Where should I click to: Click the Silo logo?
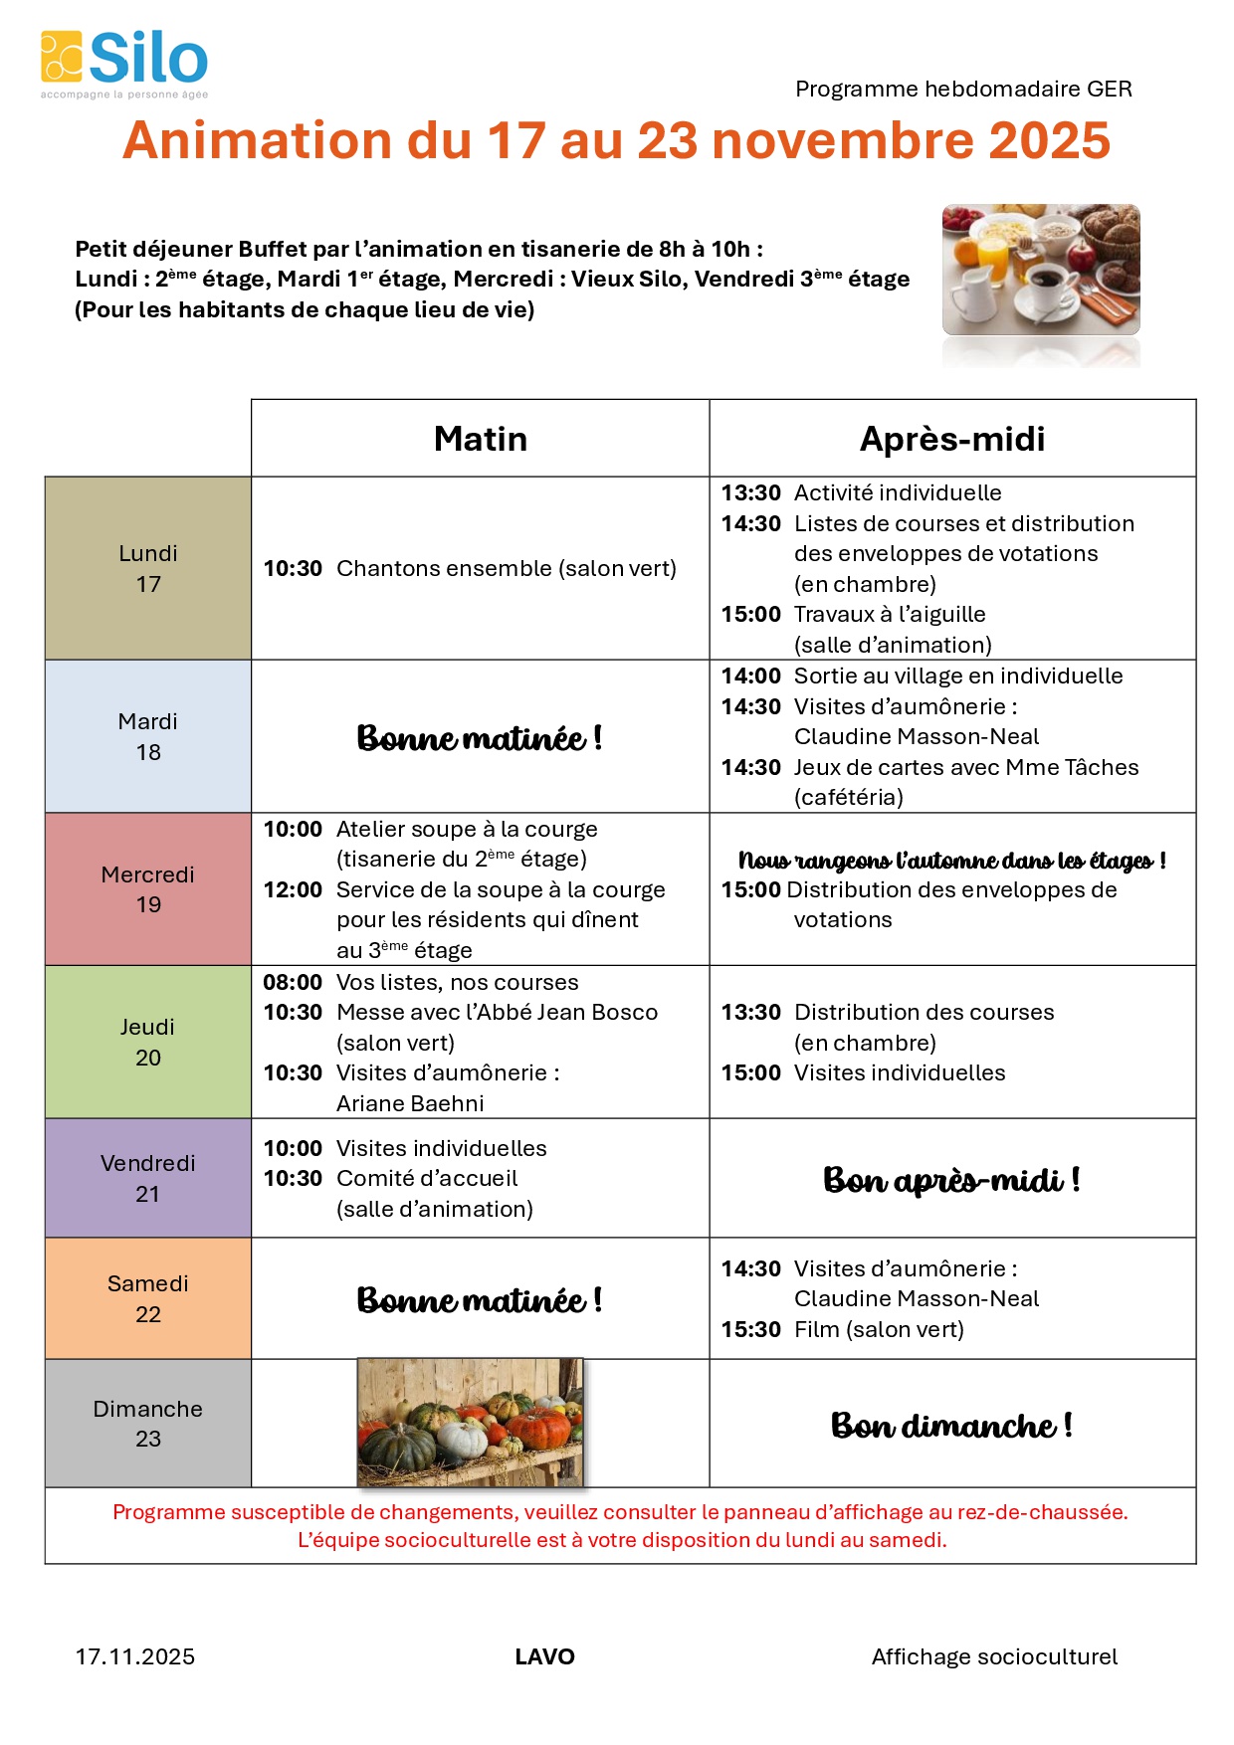click(x=124, y=63)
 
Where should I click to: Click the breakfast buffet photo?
click(x=1040, y=271)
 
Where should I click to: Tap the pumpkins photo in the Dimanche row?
click(x=470, y=1422)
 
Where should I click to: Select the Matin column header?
click(x=481, y=439)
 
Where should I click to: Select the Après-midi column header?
click(x=952, y=439)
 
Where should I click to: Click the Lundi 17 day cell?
click(x=148, y=568)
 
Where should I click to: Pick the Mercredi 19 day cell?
click(x=148, y=889)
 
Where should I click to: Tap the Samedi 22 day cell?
click(x=148, y=1298)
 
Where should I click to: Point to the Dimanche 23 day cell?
click(x=148, y=1424)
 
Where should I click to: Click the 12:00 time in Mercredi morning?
click(x=293, y=889)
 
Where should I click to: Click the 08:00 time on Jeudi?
click(x=293, y=982)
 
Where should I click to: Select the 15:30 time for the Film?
click(x=750, y=1329)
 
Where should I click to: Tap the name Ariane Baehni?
click(x=410, y=1103)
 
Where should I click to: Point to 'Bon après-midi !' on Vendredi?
click(x=951, y=1180)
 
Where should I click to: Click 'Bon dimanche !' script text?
click(x=951, y=1426)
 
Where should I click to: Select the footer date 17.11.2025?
click(x=135, y=1656)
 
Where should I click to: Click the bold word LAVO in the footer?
click(x=544, y=1656)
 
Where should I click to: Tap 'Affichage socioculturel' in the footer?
click(x=994, y=1656)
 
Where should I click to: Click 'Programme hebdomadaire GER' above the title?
click(x=963, y=89)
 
